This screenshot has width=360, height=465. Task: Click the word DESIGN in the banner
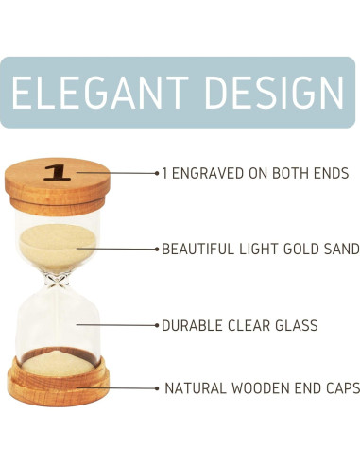(275, 92)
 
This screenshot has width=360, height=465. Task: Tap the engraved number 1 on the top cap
(57, 173)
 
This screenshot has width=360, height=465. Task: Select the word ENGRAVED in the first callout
(208, 173)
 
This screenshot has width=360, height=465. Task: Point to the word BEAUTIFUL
(198, 249)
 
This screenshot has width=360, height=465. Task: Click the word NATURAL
(196, 388)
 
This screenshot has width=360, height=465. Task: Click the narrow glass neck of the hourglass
(57, 280)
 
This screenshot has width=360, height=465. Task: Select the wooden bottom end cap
(59, 382)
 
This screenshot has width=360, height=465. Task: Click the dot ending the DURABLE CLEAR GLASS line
(157, 325)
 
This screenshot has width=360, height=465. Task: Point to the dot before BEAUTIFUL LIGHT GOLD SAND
(157, 249)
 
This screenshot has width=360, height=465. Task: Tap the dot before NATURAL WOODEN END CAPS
(157, 388)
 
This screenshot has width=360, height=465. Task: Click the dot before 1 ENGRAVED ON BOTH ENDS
(157, 173)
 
